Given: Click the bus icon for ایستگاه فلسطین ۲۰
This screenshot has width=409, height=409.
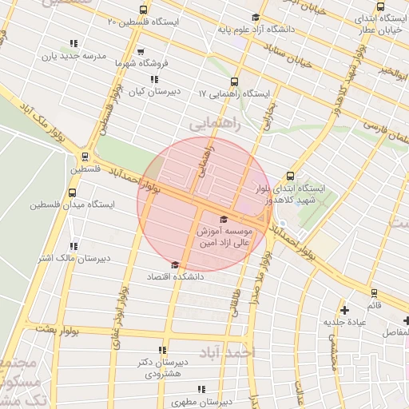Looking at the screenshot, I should [x=143, y=10].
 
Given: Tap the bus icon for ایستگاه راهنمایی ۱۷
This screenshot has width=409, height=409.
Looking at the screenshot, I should [x=234, y=81].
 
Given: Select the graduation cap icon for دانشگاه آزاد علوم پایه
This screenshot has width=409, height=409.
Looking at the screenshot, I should [x=256, y=18].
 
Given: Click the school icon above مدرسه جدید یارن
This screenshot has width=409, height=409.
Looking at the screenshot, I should [x=74, y=44].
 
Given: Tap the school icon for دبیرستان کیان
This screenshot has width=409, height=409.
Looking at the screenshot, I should [x=154, y=79].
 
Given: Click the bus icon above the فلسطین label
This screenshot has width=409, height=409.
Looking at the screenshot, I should [x=85, y=157].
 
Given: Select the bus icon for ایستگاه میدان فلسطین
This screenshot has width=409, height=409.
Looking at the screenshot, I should [x=73, y=193].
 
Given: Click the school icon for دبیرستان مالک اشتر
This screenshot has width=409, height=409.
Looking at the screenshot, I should [x=74, y=246].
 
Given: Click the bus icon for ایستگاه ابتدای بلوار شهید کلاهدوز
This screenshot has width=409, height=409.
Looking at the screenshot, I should [x=289, y=177].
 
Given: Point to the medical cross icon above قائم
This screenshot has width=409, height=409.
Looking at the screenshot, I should [x=344, y=310].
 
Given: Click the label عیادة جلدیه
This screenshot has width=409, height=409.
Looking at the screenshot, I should [x=344, y=322].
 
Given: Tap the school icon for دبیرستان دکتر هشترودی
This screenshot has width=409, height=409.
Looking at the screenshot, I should [x=163, y=350].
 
